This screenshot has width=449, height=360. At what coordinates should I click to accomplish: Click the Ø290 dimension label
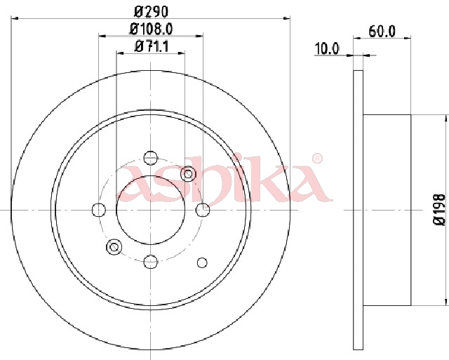click(x=151, y=12)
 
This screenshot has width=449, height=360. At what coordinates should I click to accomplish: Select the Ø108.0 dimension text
click(x=151, y=29)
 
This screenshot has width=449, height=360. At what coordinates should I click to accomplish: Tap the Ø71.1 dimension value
click(x=152, y=46)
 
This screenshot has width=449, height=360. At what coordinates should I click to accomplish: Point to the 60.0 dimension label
click(x=382, y=31)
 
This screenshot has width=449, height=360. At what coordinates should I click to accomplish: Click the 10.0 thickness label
click(x=326, y=48)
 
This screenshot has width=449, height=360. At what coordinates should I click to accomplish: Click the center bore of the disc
click(x=151, y=210)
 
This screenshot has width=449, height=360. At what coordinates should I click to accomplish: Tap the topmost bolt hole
click(x=151, y=158)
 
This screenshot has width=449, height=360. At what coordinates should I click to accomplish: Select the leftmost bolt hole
click(x=99, y=210)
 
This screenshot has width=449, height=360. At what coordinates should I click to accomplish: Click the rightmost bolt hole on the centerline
click(x=203, y=210)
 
